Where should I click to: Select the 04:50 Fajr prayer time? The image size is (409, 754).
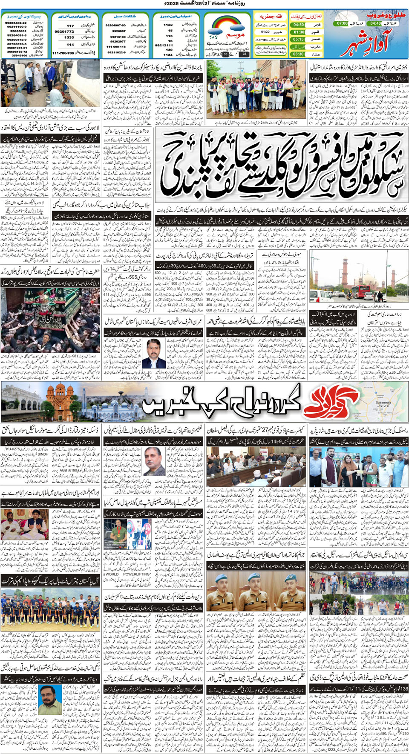click(299, 25)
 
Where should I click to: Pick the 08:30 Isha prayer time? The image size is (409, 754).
click(299, 54)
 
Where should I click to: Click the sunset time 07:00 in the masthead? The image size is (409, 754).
click(342, 23)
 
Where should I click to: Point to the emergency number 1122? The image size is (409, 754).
click(168, 25)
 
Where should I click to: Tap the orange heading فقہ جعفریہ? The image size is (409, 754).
click(271, 16)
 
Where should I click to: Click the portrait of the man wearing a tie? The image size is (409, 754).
click(154, 354)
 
